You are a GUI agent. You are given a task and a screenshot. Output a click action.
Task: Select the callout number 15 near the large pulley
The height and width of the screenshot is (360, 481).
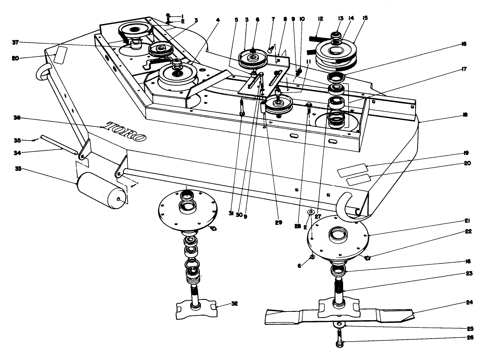point(366,18)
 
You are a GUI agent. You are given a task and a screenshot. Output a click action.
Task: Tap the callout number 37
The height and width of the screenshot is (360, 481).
point(15,43)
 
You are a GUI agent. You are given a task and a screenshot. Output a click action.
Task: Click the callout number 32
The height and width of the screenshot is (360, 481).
point(235,304)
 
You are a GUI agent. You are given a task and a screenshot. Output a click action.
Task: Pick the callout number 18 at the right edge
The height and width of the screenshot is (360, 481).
point(465,115)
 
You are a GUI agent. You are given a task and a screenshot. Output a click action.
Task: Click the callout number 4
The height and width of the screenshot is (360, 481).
point(218,20)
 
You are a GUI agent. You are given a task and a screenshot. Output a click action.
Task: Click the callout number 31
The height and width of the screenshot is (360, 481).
point(231,214)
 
